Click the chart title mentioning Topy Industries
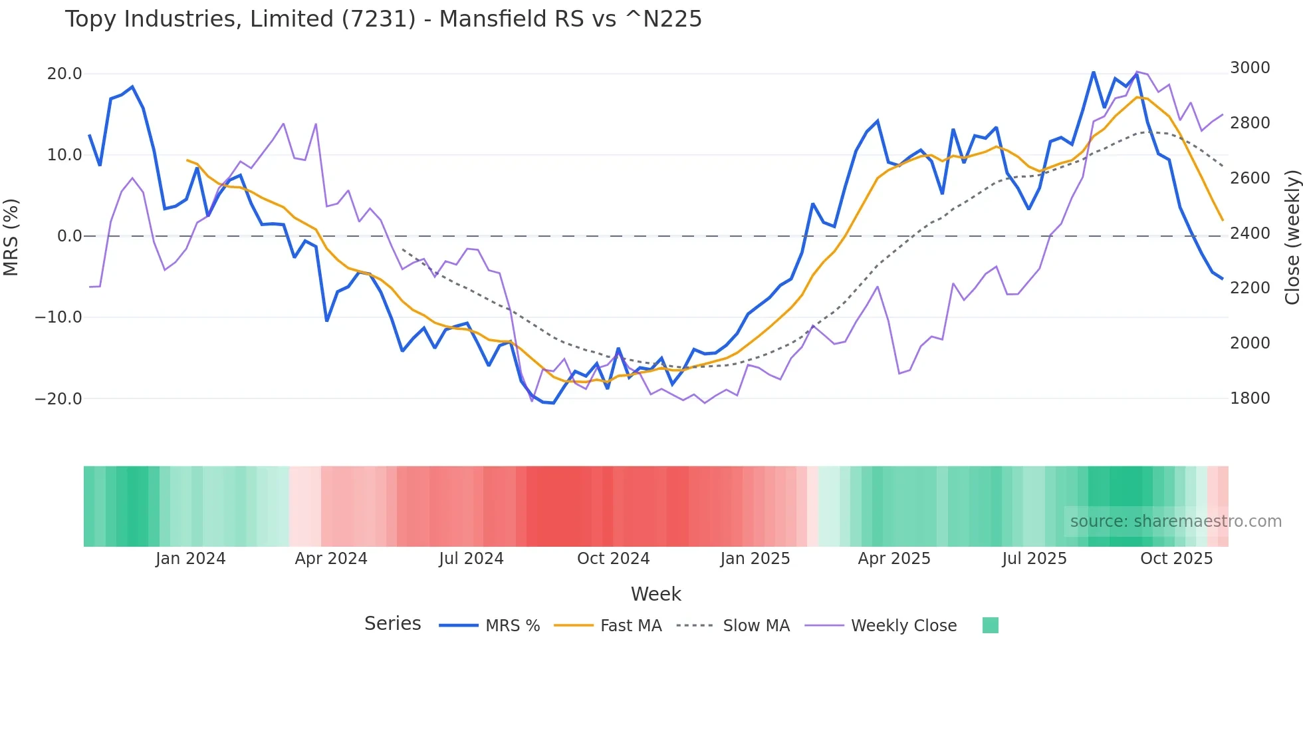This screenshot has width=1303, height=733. (x=383, y=19)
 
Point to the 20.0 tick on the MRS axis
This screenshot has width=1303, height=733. (x=64, y=74)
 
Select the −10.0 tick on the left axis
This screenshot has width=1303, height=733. (x=59, y=317)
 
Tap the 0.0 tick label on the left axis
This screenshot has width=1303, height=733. (x=70, y=236)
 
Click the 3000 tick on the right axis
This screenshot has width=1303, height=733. (x=1250, y=68)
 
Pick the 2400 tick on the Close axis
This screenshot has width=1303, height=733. (x=1250, y=233)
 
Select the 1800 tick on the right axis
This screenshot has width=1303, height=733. (x=1250, y=398)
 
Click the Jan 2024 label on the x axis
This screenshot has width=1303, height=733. (x=191, y=559)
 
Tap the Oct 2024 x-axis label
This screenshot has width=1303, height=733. (x=613, y=559)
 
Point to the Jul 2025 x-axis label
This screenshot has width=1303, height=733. (x=1034, y=559)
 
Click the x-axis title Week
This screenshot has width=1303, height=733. (x=655, y=594)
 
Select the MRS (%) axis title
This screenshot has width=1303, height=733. (x=11, y=237)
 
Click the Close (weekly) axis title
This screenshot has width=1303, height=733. (x=1292, y=237)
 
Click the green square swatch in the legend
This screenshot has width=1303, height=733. (x=990, y=625)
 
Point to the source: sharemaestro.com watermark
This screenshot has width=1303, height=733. (x=1175, y=521)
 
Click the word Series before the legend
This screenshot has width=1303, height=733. (x=392, y=624)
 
